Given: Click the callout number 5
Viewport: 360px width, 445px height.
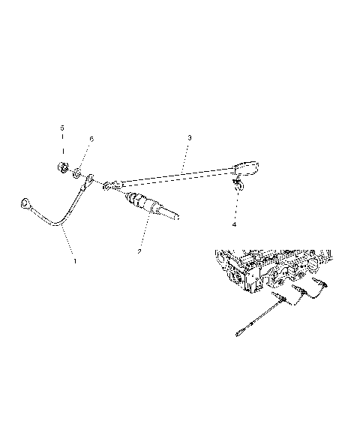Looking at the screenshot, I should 62,128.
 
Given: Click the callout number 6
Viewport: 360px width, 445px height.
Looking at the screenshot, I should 91,139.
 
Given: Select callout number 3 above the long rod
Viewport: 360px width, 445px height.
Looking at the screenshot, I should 190,138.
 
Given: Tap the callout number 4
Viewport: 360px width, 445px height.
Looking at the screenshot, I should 233,224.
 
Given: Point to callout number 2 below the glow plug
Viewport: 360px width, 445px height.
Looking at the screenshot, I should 139,251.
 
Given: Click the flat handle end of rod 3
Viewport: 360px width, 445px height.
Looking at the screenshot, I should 246,167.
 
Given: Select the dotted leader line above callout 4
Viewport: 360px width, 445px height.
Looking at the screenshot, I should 234,204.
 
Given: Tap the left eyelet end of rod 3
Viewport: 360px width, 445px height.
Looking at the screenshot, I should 111,186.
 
